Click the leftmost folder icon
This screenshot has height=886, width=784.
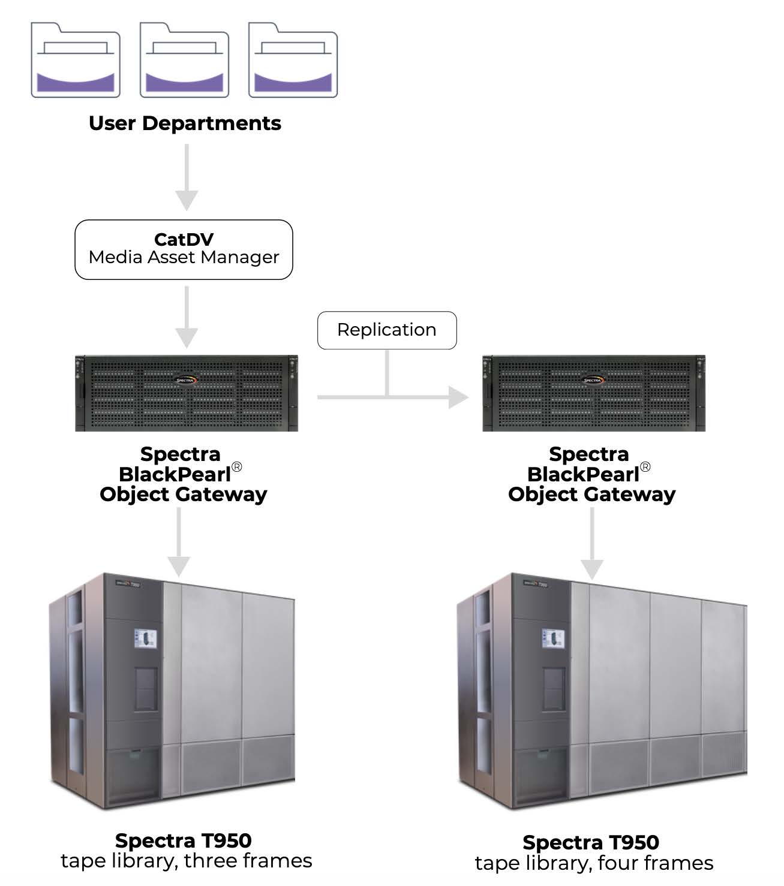(x=76, y=61)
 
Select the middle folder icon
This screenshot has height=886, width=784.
(x=184, y=61)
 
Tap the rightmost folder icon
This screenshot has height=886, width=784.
(x=293, y=61)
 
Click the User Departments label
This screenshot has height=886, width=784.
(x=185, y=123)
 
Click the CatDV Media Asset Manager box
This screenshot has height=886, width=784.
(x=184, y=249)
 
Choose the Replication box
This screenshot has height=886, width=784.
(x=387, y=330)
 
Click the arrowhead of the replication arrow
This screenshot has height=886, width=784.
(x=459, y=397)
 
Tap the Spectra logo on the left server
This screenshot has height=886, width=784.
(x=185, y=380)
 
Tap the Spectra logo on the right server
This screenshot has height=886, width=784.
(x=593, y=380)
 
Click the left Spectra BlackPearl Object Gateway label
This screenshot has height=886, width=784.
(x=183, y=474)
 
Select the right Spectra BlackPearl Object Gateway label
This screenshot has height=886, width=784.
(x=591, y=474)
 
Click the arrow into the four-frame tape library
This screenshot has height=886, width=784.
(x=592, y=543)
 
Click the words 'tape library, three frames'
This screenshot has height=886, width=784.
(x=187, y=861)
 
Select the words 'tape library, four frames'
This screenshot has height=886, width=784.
(x=594, y=864)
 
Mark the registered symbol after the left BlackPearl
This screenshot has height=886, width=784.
(x=237, y=467)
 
